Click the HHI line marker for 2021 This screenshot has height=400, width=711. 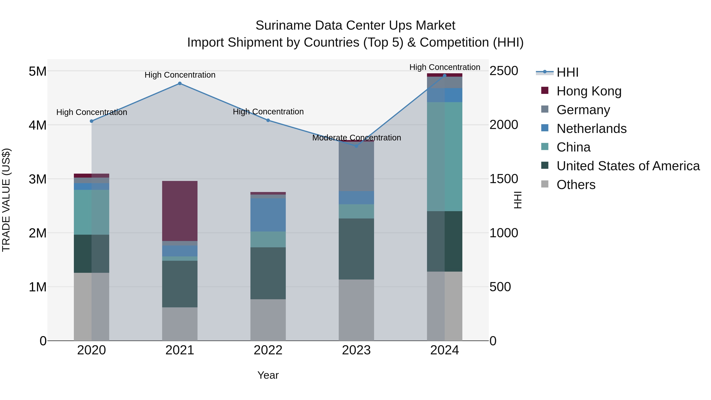[x=180, y=83]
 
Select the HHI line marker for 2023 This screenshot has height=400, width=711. [x=356, y=146]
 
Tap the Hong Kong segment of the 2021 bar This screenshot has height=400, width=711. [x=180, y=211]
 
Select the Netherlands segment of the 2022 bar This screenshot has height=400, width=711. [x=268, y=215]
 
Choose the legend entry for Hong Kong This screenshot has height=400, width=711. [x=589, y=91]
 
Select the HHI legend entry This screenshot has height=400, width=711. [x=567, y=72]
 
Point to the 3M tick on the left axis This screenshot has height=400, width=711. [x=38, y=179]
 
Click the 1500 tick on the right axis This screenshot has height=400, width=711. [x=504, y=179]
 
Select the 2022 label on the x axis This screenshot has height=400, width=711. [x=268, y=350]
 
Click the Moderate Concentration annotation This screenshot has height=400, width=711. [x=356, y=137]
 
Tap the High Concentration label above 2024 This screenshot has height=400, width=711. [x=444, y=67]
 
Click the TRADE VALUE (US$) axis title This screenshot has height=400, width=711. [x=6, y=200]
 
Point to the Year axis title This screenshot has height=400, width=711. [x=268, y=375]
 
